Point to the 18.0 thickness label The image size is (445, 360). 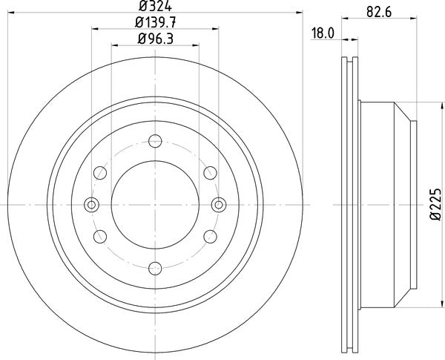click(322, 33)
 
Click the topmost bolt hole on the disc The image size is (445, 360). click(155, 141)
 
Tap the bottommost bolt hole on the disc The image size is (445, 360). click(155, 269)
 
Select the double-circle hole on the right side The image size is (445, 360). click(218, 205)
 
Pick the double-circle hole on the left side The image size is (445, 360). click(92, 205)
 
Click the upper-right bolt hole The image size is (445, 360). click(210, 173)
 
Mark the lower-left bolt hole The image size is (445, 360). click(100, 237)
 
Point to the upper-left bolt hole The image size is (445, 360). click(100, 173)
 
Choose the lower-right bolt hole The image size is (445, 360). click(210, 237)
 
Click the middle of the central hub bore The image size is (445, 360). click(155, 205)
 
